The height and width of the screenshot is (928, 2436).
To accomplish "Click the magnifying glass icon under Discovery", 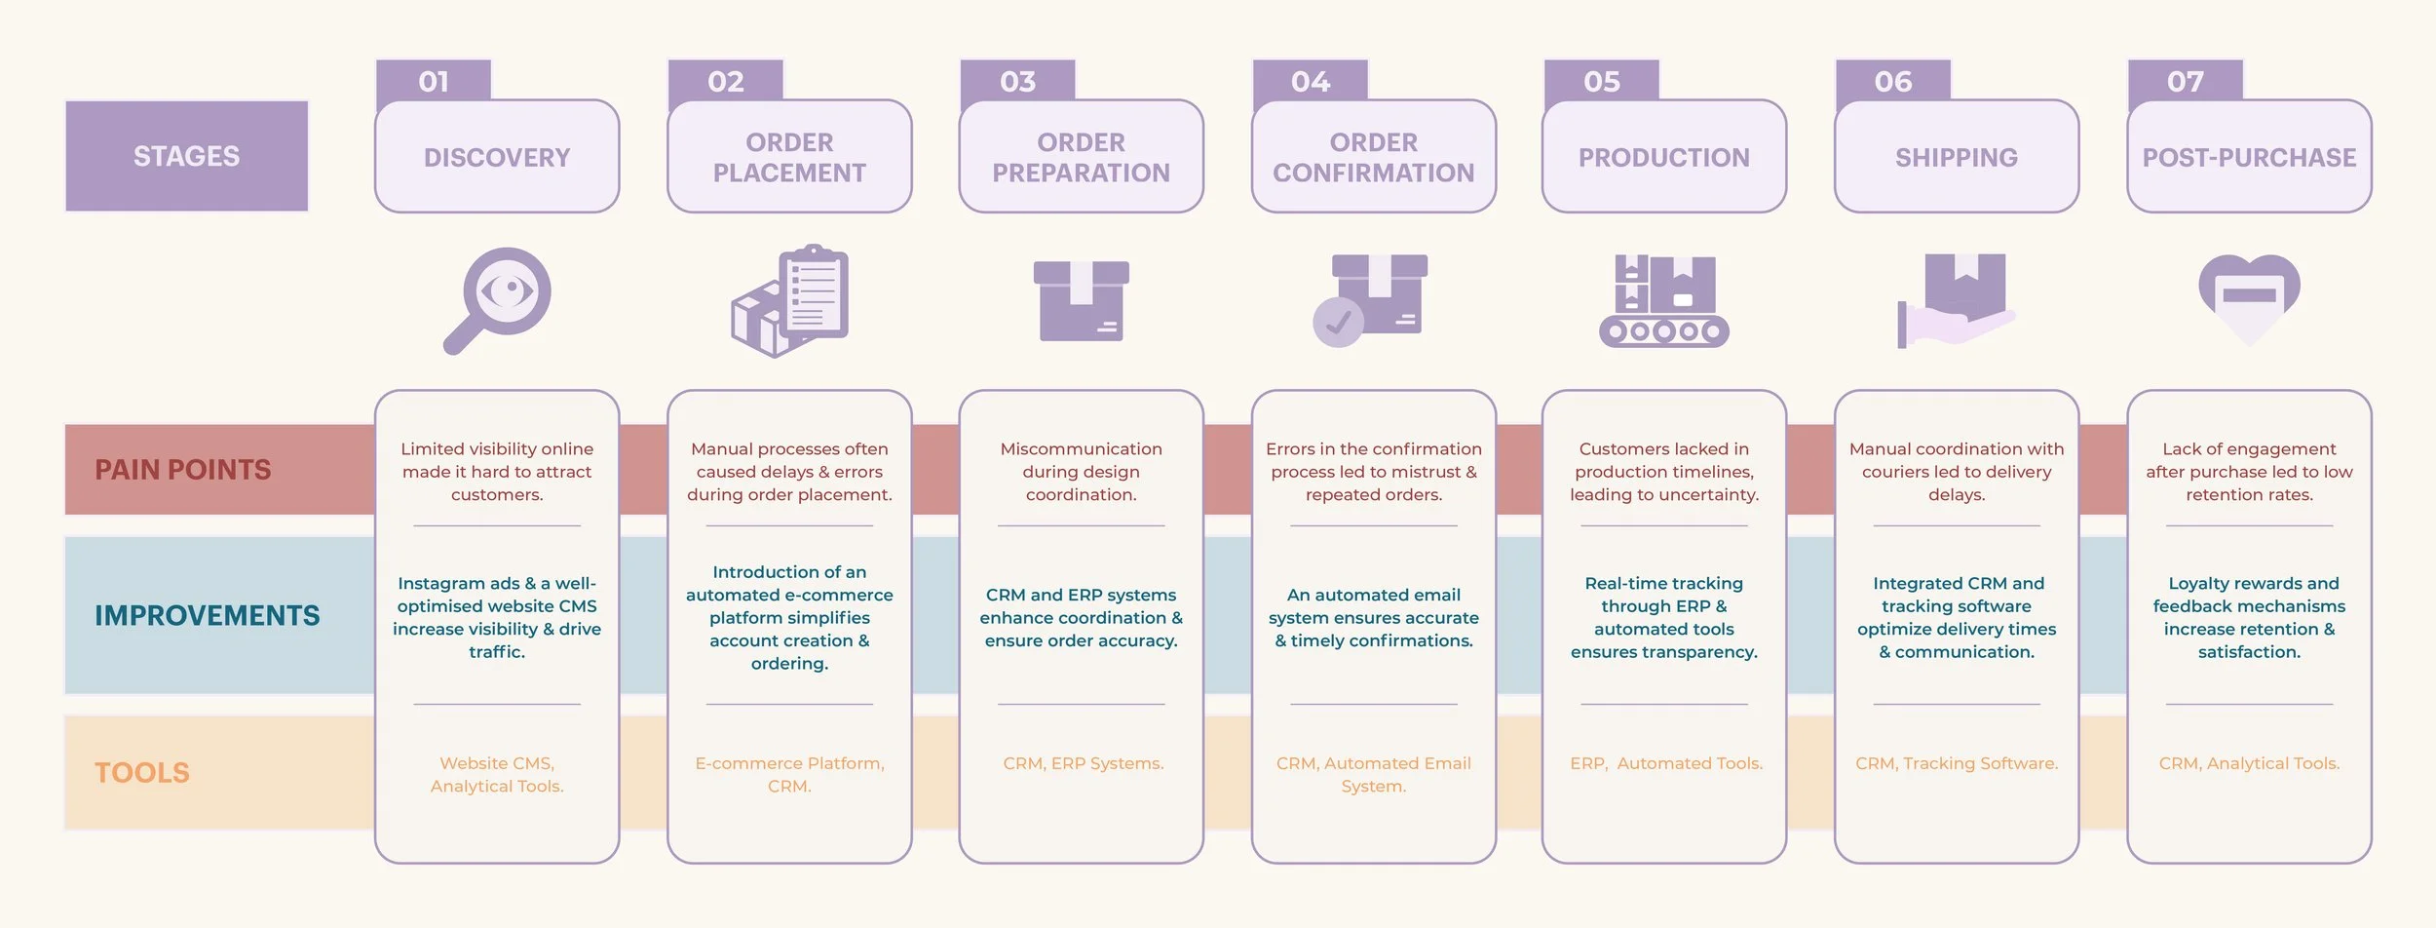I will tap(498, 298).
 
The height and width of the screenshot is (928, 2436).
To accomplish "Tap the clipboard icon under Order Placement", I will tap(815, 292).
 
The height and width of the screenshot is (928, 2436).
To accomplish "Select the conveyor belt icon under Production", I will tap(1663, 330).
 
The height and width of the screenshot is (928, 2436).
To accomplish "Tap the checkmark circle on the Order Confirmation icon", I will tap(1338, 322).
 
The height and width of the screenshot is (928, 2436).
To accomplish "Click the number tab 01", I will tap(434, 81).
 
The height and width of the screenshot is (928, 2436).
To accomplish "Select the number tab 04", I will tap(1310, 81).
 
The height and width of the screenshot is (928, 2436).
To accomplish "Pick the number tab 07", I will tap(2185, 81).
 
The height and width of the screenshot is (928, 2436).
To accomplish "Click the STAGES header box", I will tap(186, 156).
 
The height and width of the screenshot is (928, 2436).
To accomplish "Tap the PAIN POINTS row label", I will tap(183, 470).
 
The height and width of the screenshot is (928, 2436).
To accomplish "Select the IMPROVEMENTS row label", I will tap(207, 616).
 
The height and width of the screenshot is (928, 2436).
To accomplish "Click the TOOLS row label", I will tap(142, 773).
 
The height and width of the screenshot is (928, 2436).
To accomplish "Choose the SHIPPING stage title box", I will tap(1956, 157).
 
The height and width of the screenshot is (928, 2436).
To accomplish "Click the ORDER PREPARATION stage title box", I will tap(1081, 157).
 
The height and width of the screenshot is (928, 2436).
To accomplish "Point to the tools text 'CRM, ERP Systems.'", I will tap(1083, 763).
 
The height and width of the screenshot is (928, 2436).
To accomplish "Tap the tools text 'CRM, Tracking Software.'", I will tap(1957, 763).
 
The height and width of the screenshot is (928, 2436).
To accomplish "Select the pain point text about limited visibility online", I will tap(497, 472).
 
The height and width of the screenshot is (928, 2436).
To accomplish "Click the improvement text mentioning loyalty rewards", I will tap(2249, 617).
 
